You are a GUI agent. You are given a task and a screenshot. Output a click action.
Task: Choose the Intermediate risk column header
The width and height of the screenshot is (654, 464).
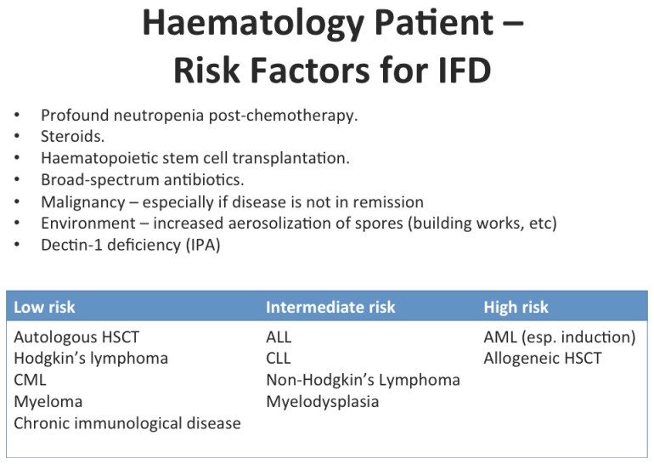click(330, 307)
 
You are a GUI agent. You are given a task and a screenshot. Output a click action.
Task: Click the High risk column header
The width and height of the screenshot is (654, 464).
click(516, 307)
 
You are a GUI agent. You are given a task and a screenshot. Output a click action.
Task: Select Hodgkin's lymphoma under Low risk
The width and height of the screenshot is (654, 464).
click(91, 358)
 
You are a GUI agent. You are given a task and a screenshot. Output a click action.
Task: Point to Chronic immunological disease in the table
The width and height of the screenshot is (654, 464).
click(127, 422)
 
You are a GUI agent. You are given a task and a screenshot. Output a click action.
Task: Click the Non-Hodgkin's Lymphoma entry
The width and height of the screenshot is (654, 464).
click(363, 380)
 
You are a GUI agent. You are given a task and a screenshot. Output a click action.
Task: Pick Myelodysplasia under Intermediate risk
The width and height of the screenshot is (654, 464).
click(322, 401)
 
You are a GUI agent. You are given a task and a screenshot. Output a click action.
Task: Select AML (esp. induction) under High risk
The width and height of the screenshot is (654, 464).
click(560, 337)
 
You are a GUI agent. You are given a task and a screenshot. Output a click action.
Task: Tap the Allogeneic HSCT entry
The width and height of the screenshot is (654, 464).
click(543, 358)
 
